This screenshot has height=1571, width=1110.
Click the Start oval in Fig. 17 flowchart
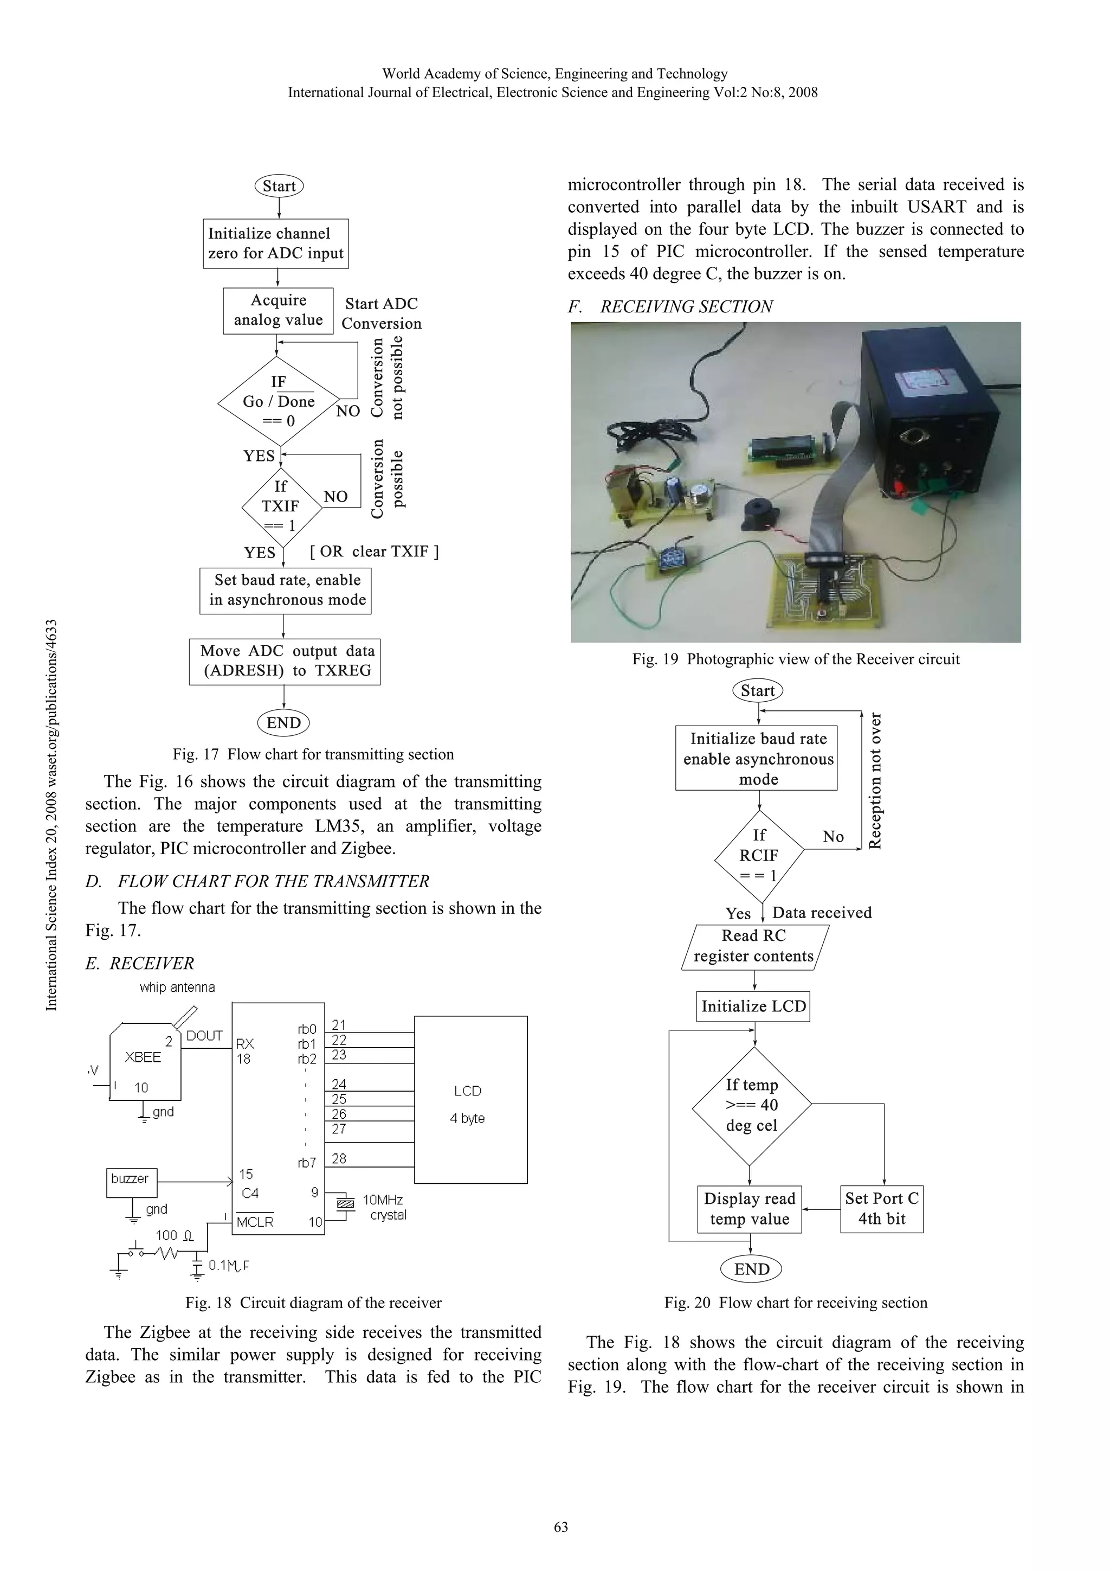tap(279, 186)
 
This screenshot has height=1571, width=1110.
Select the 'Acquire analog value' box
tap(277, 311)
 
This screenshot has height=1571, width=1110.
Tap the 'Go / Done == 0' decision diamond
tap(279, 401)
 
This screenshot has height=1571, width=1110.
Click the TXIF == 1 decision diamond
tap(281, 506)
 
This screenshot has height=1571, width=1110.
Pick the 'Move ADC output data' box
tap(285, 661)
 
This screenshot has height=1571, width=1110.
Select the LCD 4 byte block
tap(470, 1103)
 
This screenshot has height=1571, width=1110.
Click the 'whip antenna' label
tap(177, 988)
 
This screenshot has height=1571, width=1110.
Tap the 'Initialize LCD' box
tap(753, 1006)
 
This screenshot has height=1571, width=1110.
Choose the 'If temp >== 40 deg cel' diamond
tap(752, 1104)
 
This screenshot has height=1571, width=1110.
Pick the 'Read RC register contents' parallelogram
tap(754, 946)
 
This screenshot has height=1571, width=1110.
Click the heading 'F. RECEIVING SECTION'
tap(670, 306)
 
